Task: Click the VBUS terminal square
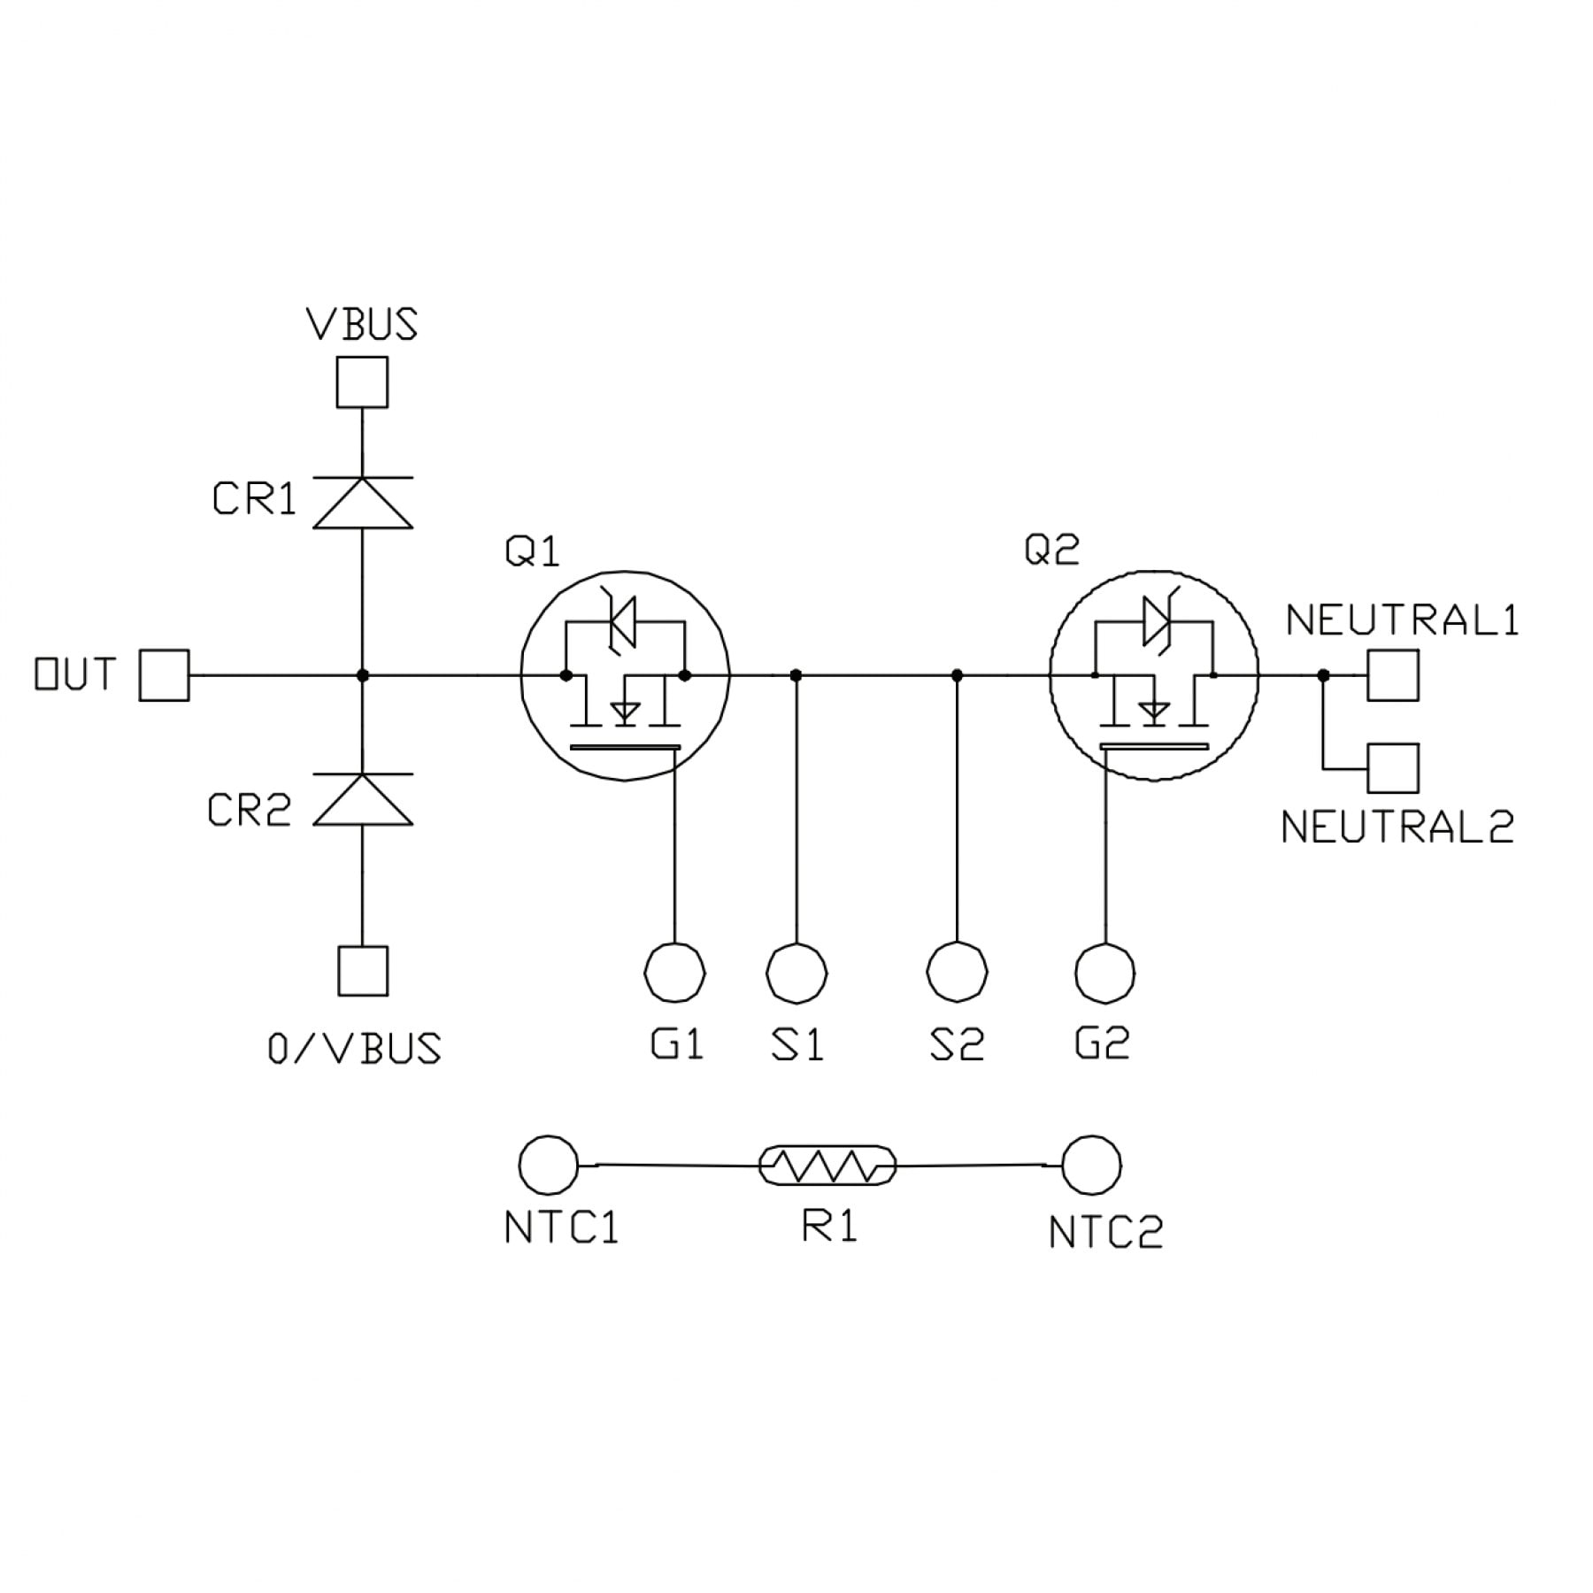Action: [362, 382]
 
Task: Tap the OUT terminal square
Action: [165, 675]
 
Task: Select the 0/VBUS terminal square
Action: [363, 971]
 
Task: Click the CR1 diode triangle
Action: [363, 504]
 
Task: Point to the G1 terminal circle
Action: [675, 973]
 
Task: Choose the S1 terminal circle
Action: [796, 973]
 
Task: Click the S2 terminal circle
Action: [957, 973]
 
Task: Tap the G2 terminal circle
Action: [1104, 973]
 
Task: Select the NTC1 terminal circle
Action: [549, 1166]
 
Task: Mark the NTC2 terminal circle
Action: [1091, 1166]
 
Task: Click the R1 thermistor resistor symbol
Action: [827, 1166]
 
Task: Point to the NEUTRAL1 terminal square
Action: [1393, 675]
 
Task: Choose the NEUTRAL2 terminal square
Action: [1393, 768]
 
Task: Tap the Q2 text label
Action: [1051, 550]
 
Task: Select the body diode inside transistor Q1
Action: [625, 620]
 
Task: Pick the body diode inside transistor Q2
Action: [1154, 620]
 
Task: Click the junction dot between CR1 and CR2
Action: [362, 675]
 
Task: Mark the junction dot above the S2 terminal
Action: [957, 675]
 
